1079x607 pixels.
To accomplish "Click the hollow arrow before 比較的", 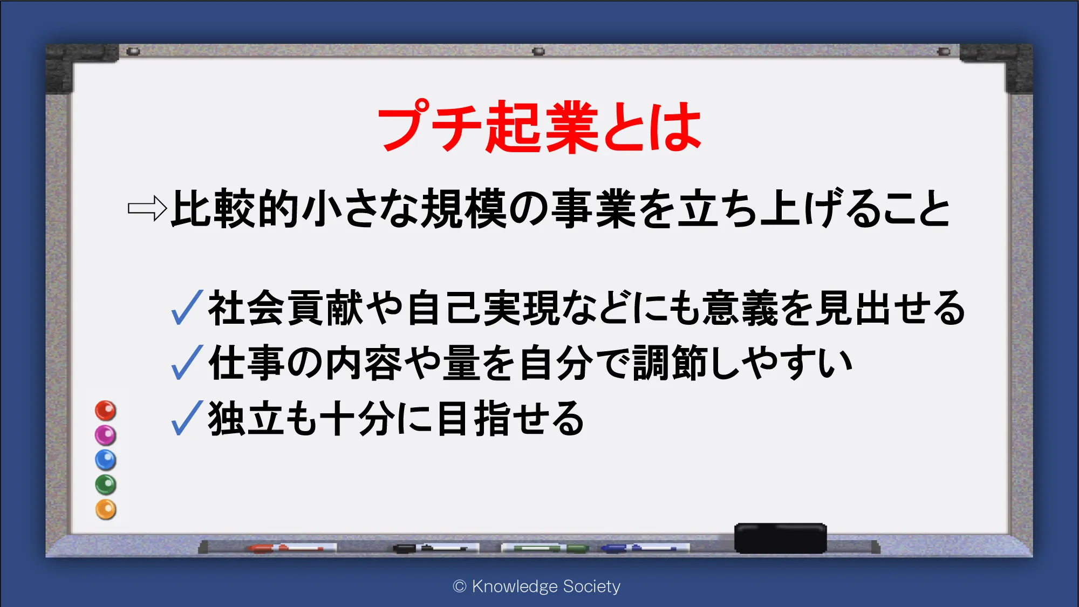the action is [147, 208].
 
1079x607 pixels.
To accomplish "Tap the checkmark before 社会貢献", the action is [187, 307].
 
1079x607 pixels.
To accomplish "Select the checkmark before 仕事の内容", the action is [187, 362].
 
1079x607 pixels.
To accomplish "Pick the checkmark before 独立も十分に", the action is [187, 418].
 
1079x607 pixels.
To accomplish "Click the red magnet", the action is [106, 411].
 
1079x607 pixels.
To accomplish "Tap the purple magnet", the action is [106, 435].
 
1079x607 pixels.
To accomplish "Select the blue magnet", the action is [106, 460].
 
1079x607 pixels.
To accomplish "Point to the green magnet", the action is [106, 485].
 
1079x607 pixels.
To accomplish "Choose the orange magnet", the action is [106, 509].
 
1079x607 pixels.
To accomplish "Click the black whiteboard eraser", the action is [780, 538].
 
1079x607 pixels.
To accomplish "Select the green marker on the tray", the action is [545, 548].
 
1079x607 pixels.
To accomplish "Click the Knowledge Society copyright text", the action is [537, 586].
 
